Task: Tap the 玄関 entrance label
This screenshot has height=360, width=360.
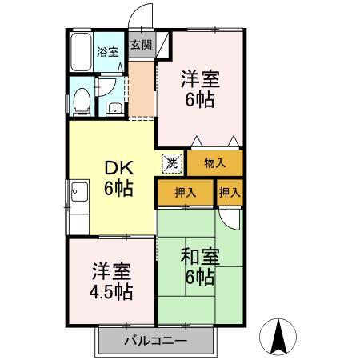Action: pos(140,46)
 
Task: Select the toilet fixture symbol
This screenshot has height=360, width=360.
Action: pos(81,100)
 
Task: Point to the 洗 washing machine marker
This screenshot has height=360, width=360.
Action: pos(172,162)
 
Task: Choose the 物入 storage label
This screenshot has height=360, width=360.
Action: pos(215,162)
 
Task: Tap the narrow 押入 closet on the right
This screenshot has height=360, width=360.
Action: pos(230,192)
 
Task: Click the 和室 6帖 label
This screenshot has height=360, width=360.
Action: pos(197,267)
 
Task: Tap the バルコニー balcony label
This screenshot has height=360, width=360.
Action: pos(156,342)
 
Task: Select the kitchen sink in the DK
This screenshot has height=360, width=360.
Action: pos(79,192)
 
